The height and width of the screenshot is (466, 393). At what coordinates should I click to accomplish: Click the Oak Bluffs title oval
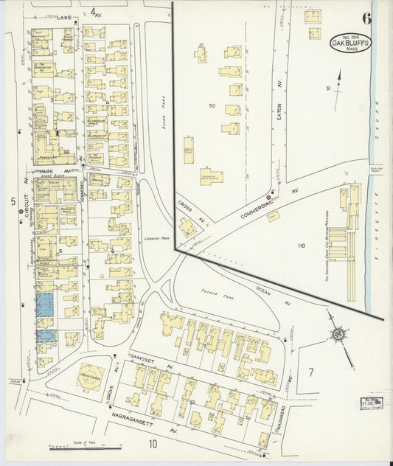pos(351,44)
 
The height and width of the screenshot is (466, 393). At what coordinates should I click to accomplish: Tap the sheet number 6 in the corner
pos(366,18)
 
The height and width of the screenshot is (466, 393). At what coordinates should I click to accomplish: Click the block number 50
pos(212,106)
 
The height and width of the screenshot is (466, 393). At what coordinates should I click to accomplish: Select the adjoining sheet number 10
pos(153,444)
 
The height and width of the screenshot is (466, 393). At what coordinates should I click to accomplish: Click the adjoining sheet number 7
pos(311,372)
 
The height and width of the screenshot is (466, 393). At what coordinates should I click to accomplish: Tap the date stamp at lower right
pos(370,403)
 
